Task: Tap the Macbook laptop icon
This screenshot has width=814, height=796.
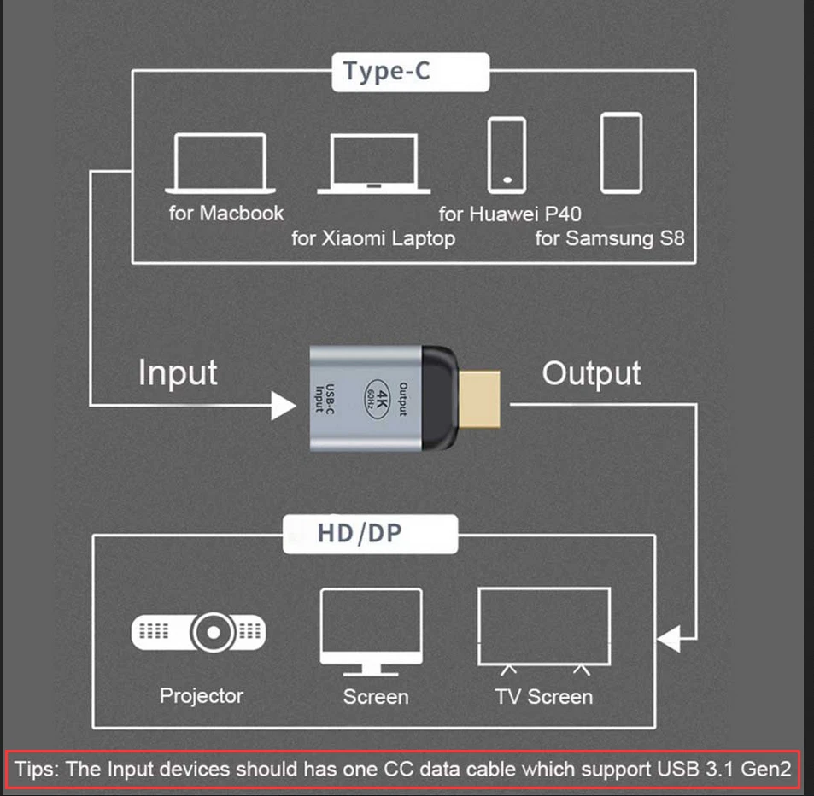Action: [x=220, y=163]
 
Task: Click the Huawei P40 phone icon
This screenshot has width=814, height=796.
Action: [x=507, y=155]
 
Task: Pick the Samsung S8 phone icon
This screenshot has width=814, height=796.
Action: [x=621, y=153]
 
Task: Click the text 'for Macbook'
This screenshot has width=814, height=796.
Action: [x=225, y=212]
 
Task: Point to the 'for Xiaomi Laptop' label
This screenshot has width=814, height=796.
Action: [x=373, y=238]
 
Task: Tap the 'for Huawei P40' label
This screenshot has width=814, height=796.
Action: [x=510, y=213]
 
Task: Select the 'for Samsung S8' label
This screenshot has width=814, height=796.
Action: [x=610, y=238]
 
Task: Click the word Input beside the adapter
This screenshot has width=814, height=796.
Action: [x=178, y=373]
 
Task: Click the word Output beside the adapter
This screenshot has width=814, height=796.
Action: [x=591, y=373]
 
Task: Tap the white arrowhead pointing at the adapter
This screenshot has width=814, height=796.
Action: [x=284, y=406]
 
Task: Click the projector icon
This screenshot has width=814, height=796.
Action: [x=198, y=632]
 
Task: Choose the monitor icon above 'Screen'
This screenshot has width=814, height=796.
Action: [x=370, y=630]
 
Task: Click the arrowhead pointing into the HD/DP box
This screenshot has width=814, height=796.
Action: [x=667, y=639]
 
